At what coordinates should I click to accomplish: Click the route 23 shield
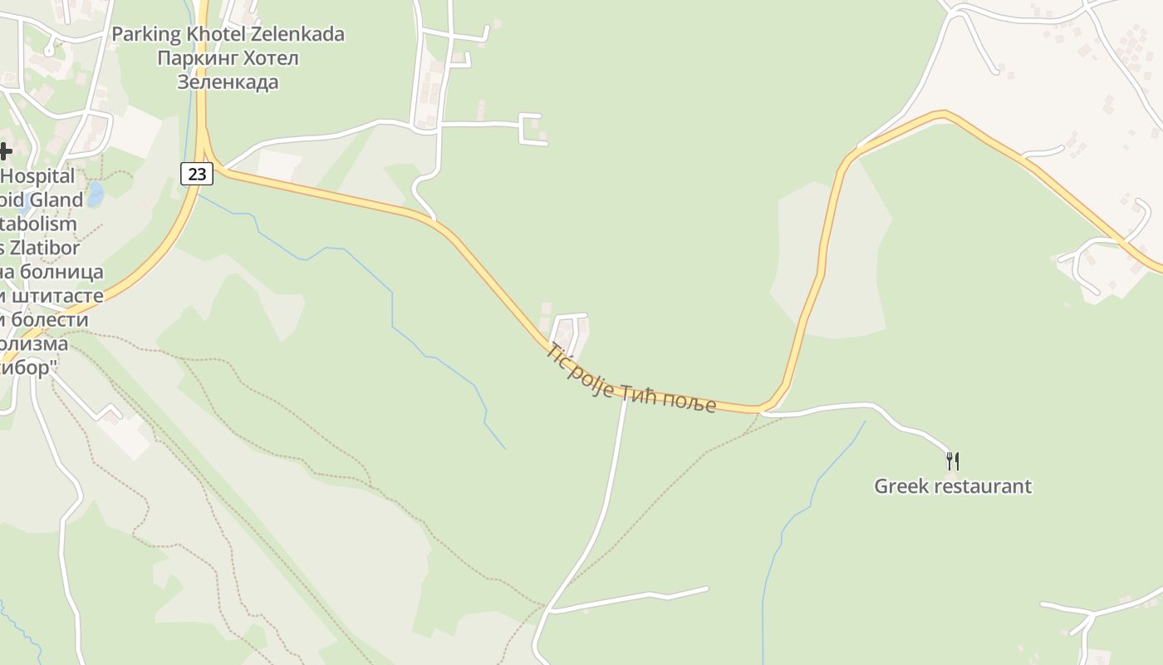click(197, 174)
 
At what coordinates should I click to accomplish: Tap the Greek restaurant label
click(952, 486)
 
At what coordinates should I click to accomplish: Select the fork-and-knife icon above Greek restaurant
click(953, 461)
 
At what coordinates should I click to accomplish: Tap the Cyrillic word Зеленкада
click(228, 82)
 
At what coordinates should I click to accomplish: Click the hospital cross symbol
click(5, 150)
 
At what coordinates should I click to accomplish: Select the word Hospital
click(38, 176)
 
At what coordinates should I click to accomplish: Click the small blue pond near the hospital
click(95, 195)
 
